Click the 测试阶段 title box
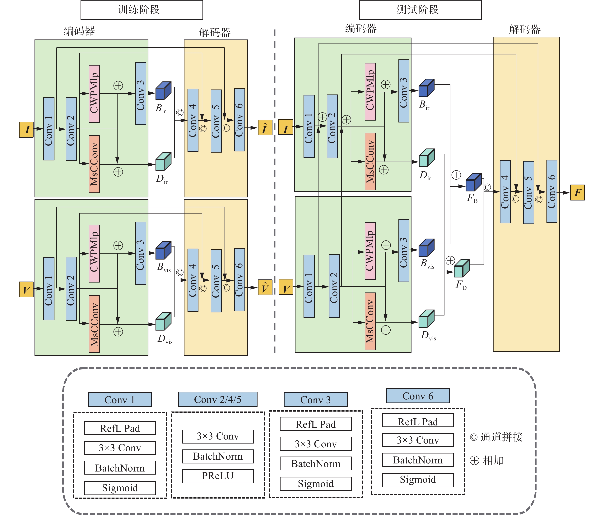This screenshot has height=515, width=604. tap(420, 10)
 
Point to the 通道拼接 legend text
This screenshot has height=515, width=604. tap(501, 437)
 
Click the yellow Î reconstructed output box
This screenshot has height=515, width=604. tap(265, 128)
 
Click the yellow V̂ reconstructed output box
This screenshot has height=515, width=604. tap(265, 288)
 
